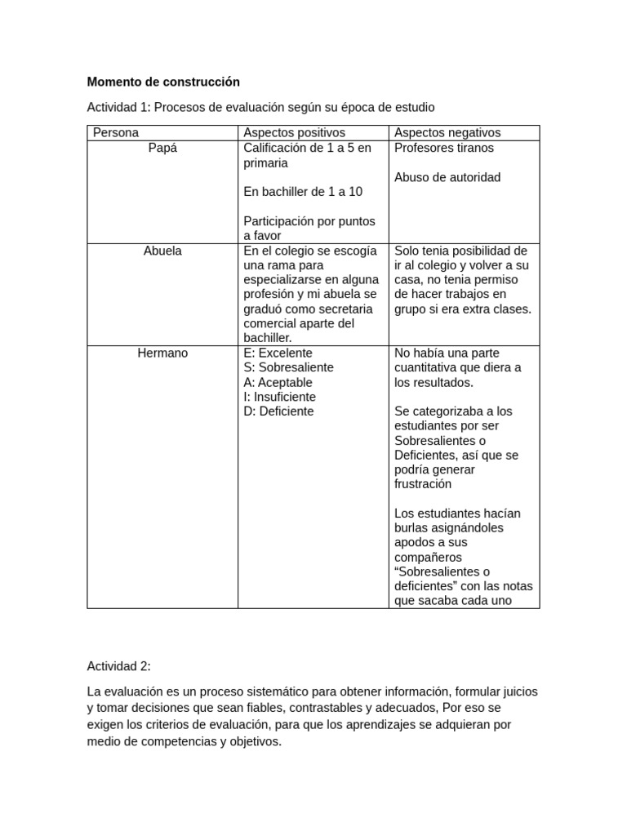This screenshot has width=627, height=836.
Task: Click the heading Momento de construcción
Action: point(163,82)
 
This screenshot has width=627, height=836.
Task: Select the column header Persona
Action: point(116,132)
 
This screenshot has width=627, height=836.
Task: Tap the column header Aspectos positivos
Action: point(294,132)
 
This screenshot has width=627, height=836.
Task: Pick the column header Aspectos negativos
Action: point(447,132)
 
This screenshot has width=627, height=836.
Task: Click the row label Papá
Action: point(162,148)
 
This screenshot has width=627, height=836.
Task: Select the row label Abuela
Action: point(162,251)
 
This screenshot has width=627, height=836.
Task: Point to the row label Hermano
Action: point(162,353)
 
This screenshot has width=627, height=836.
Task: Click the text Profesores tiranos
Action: point(443,148)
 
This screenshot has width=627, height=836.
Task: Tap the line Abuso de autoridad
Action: point(447,177)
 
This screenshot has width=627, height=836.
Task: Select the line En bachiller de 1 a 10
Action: point(303,192)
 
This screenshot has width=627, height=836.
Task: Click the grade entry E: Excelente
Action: point(278,353)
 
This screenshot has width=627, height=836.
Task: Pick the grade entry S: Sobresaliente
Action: point(288,367)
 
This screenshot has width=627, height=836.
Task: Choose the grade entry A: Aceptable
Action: point(278,382)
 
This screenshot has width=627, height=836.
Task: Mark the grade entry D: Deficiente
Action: point(278,411)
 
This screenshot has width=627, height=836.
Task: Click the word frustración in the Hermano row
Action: point(422,484)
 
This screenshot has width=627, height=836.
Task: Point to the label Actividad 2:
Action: point(118,666)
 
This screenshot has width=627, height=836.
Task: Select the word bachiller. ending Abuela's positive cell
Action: point(267,338)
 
